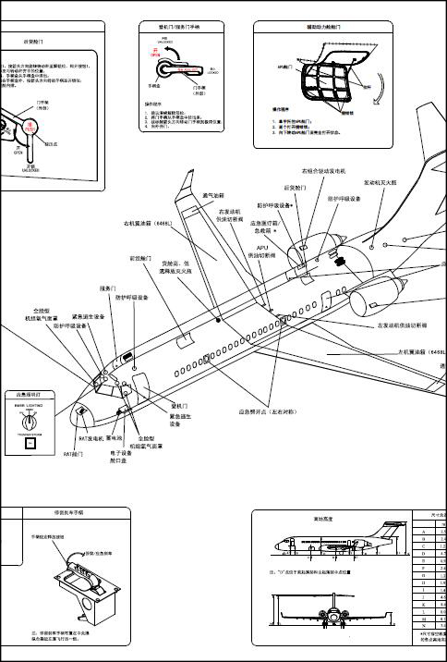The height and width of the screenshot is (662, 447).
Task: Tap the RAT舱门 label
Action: pos(73,454)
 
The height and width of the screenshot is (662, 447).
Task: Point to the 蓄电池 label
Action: pos(115,438)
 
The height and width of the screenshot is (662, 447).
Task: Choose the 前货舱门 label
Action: pos(139,259)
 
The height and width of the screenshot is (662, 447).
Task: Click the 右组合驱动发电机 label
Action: pos(322,172)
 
